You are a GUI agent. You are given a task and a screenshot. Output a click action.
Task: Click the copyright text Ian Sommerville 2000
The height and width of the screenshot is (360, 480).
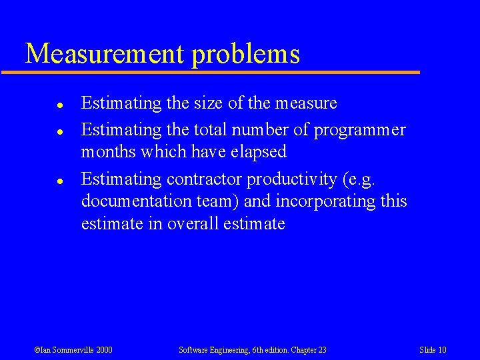(x=73, y=350)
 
